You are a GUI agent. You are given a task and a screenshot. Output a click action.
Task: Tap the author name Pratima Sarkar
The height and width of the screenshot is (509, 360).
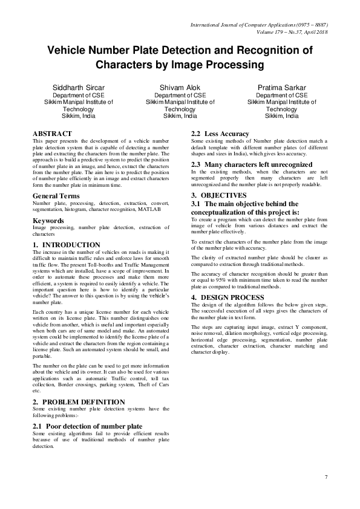coord(282,87)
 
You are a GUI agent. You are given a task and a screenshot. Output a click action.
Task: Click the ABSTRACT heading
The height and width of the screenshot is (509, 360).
coord(52,134)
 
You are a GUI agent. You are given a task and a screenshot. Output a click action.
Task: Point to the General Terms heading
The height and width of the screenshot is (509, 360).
coord(59,196)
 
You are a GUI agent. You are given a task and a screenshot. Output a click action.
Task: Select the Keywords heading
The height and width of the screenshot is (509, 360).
coord(49,221)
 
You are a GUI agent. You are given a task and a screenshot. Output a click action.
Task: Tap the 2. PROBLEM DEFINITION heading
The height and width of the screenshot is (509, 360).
coord(79,401)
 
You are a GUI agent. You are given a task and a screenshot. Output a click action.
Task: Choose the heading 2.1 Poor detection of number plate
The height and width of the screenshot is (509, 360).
coord(88,426)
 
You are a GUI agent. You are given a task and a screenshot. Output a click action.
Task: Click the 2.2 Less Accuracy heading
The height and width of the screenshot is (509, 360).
coord(220,134)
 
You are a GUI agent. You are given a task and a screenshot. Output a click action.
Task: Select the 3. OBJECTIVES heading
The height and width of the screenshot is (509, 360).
coord(219,195)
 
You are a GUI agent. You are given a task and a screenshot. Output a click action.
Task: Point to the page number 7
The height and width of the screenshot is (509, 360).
coord(326,477)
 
